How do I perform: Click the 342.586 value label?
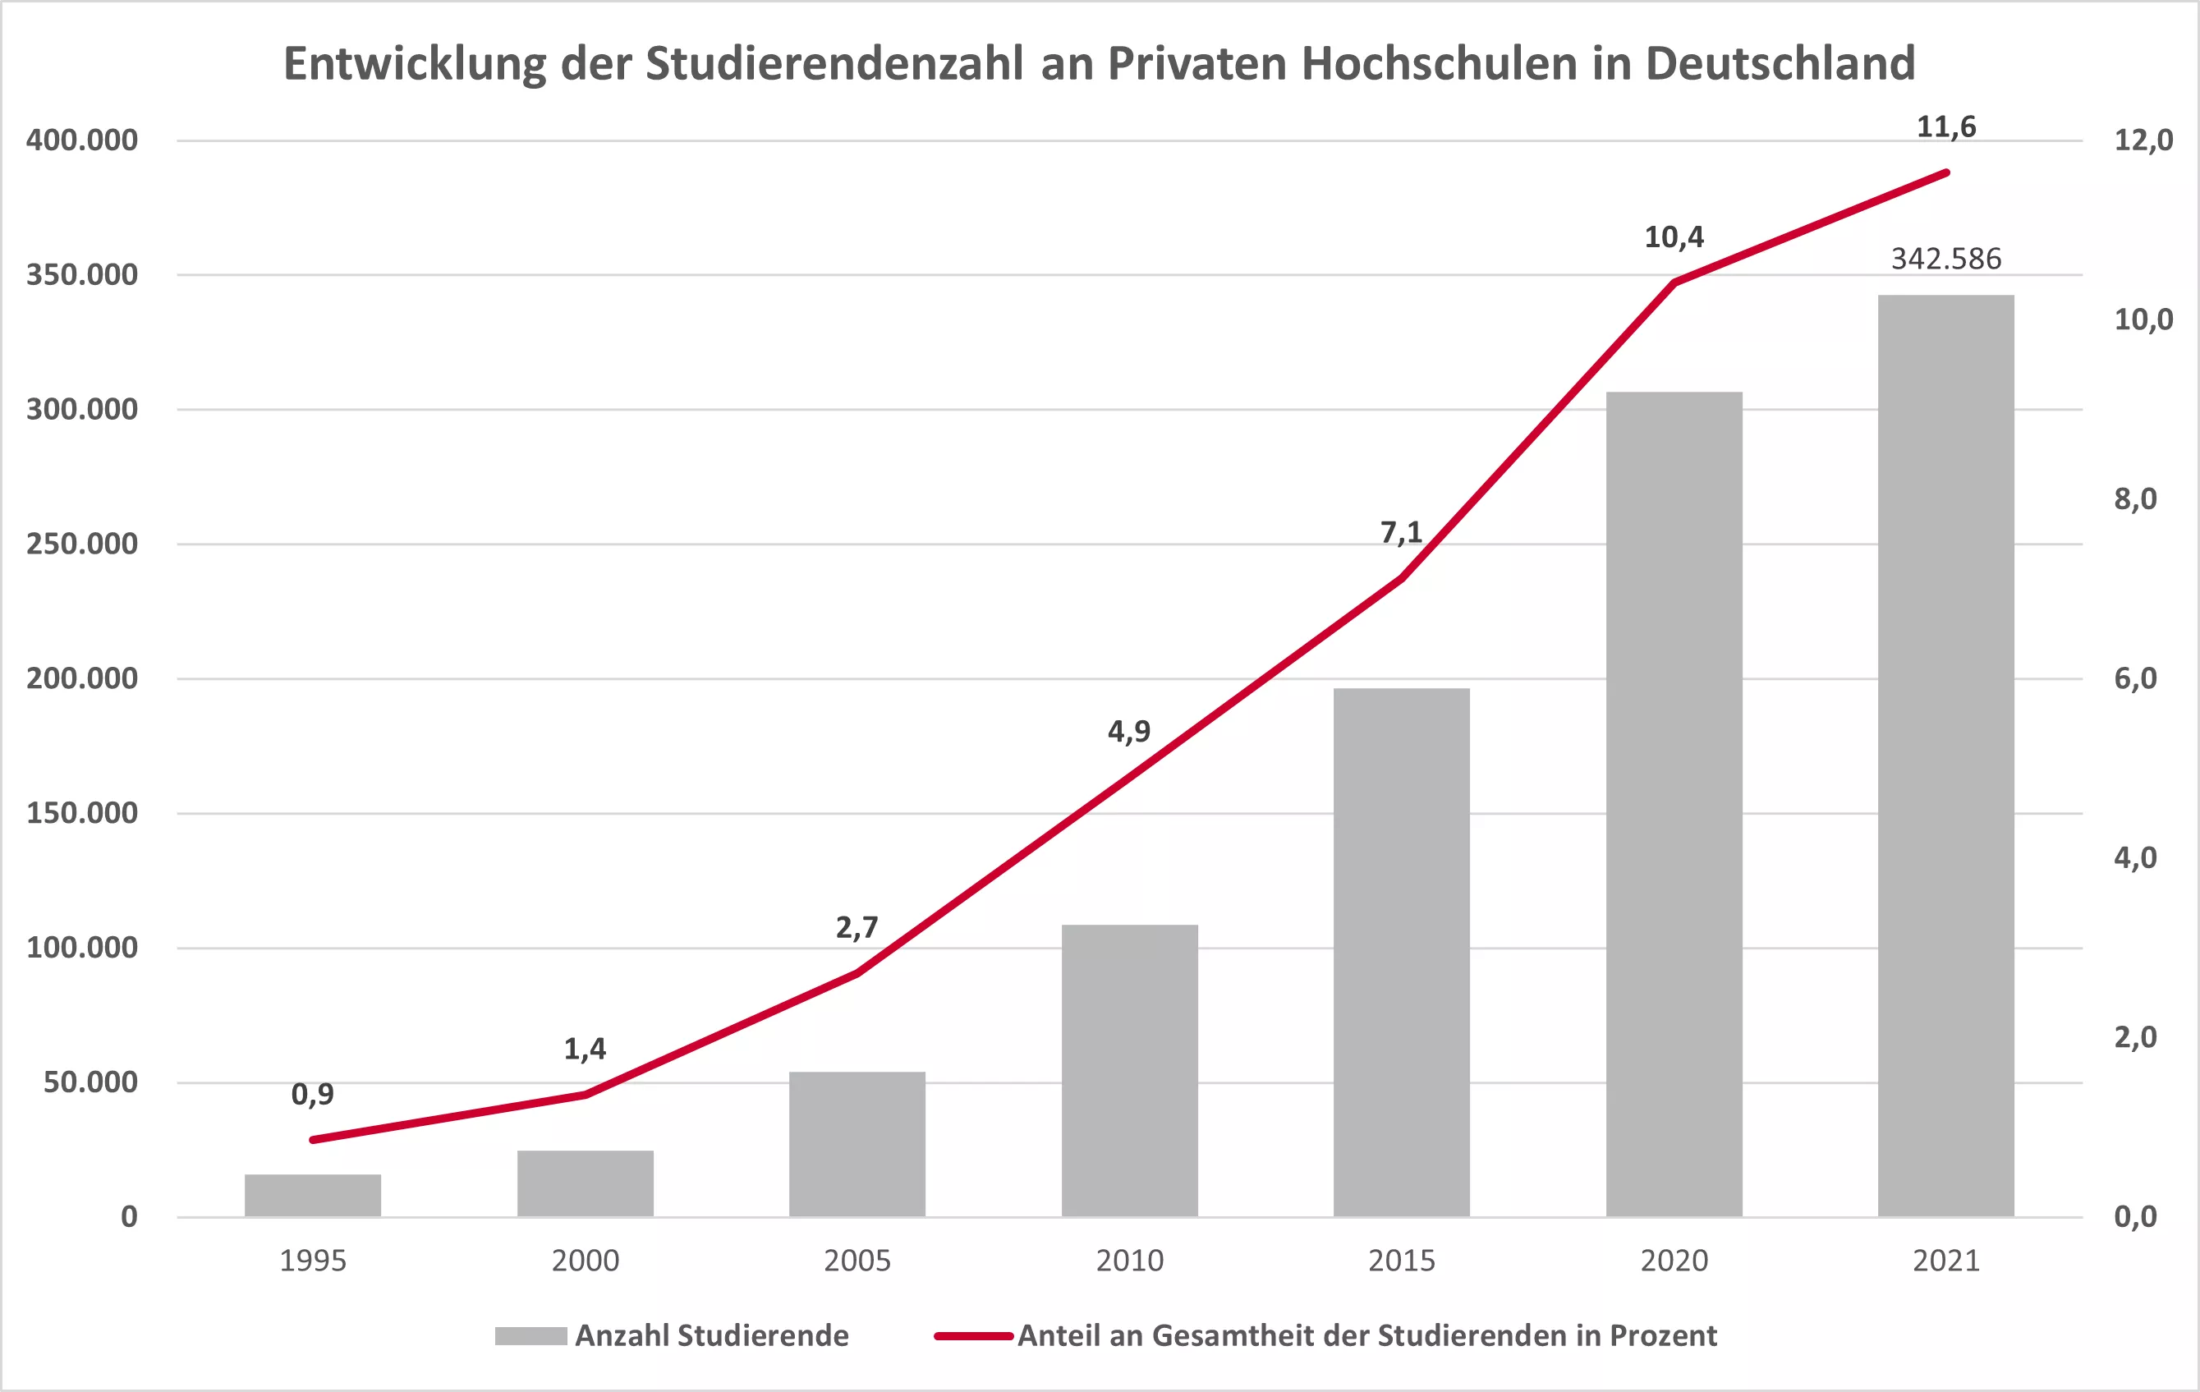1946,259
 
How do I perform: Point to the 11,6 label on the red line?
1946,127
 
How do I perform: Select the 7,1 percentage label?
1401,531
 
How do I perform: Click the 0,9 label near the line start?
312,1093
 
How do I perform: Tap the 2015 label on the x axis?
1402,1261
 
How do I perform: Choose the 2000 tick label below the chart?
585,1261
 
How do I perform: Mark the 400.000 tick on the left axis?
82,140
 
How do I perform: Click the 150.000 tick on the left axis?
82,813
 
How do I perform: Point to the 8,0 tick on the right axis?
2135,498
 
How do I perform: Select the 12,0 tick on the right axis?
2143,140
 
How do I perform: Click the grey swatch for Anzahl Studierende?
530,1335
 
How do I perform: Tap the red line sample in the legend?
974,1335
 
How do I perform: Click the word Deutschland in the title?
1780,64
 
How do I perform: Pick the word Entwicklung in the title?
415,64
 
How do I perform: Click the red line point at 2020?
1674,283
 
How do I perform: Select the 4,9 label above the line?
1129,731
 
